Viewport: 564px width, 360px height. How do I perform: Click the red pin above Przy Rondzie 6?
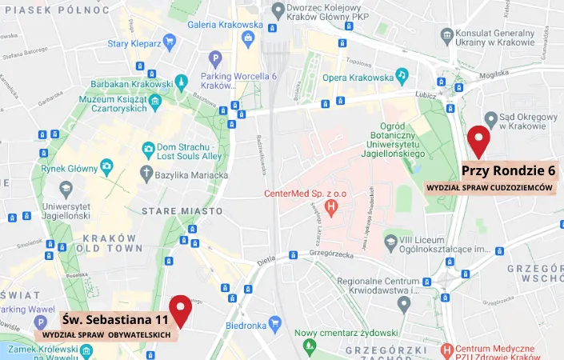tap(478, 141)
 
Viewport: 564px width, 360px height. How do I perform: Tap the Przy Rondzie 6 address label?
tap(508, 170)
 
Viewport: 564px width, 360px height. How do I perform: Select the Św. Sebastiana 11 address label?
tap(116, 319)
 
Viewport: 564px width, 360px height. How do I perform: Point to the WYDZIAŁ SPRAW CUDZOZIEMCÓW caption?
tap(490, 187)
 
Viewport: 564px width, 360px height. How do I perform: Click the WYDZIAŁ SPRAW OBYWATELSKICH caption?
tap(102, 334)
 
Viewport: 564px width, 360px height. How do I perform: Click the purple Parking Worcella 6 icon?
tap(214, 58)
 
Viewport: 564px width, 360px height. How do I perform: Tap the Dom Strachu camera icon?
tap(147, 149)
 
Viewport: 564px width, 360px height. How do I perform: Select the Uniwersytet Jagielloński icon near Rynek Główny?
tap(66, 189)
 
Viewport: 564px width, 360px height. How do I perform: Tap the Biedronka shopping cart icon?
tap(276, 325)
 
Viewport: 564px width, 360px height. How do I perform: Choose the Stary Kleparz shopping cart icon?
tap(169, 42)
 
